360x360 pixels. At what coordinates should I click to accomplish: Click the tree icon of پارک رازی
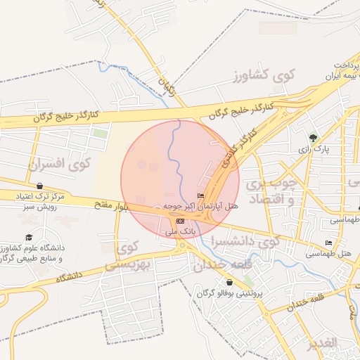click(313, 137)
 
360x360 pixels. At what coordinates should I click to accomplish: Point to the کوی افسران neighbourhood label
click(61, 164)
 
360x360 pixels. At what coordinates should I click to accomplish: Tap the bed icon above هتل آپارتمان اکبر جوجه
click(200, 195)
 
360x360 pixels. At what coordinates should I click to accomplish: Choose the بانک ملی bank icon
click(179, 221)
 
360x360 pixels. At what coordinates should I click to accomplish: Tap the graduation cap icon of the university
click(29, 238)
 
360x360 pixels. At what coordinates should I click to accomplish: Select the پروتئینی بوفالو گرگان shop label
click(237, 292)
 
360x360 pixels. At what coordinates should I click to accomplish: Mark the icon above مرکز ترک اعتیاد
click(32, 186)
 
